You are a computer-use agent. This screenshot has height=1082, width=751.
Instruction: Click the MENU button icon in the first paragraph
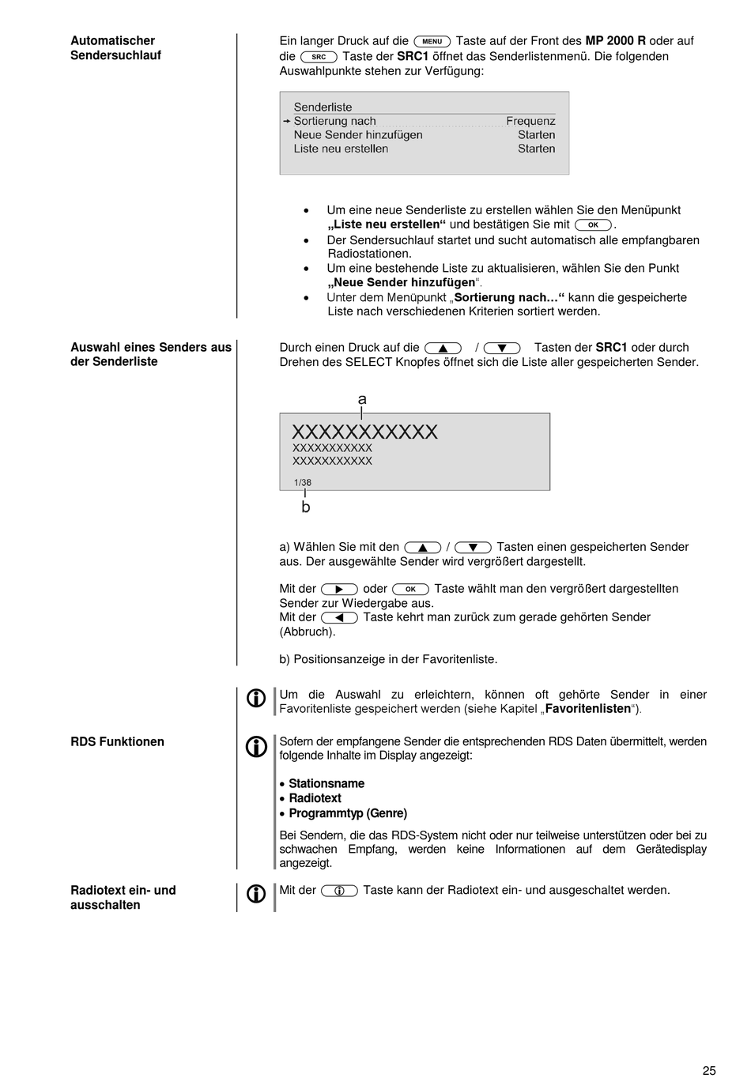pyautogui.click(x=432, y=41)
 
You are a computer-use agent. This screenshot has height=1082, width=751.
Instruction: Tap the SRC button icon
pyautogui.click(x=319, y=57)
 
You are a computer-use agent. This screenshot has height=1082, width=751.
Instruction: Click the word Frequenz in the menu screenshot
pyautogui.click(x=530, y=121)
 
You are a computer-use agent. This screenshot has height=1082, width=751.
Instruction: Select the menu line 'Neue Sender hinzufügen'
pyautogui.click(x=357, y=135)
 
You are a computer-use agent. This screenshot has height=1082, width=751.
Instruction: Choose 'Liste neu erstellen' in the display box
pyautogui.click(x=341, y=149)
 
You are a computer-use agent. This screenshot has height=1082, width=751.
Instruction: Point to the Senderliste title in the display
pyautogui.click(x=323, y=107)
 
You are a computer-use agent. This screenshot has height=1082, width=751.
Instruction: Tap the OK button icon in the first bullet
pyautogui.click(x=593, y=225)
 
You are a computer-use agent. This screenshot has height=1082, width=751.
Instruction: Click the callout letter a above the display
pyautogui.click(x=362, y=400)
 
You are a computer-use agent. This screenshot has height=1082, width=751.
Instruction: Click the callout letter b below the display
pyautogui.click(x=306, y=507)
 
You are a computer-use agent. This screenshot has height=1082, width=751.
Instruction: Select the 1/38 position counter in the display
pyautogui.click(x=303, y=482)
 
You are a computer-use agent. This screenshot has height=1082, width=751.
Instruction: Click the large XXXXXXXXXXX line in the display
pyautogui.click(x=364, y=432)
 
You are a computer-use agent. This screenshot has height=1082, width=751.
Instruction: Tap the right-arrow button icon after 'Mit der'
pyautogui.click(x=339, y=589)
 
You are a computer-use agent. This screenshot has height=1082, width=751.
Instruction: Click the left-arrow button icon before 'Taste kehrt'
pyautogui.click(x=339, y=618)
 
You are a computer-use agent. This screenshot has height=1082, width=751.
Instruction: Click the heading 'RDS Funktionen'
pyautogui.click(x=117, y=742)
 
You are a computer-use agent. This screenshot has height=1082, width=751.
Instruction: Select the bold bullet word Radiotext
pyautogui.click(x=315, y=798)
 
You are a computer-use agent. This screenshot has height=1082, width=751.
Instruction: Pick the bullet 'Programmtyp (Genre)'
pyautogui.click(x=348, y=813)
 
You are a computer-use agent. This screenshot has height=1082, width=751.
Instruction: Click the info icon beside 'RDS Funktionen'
pyautogui.click(x=256, y=747)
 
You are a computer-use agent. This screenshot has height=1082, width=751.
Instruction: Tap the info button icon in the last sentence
pyautogui.click(x=339, y=891)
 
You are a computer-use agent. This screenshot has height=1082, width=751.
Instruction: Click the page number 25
pyautogui.click(x=709, y=1071)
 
